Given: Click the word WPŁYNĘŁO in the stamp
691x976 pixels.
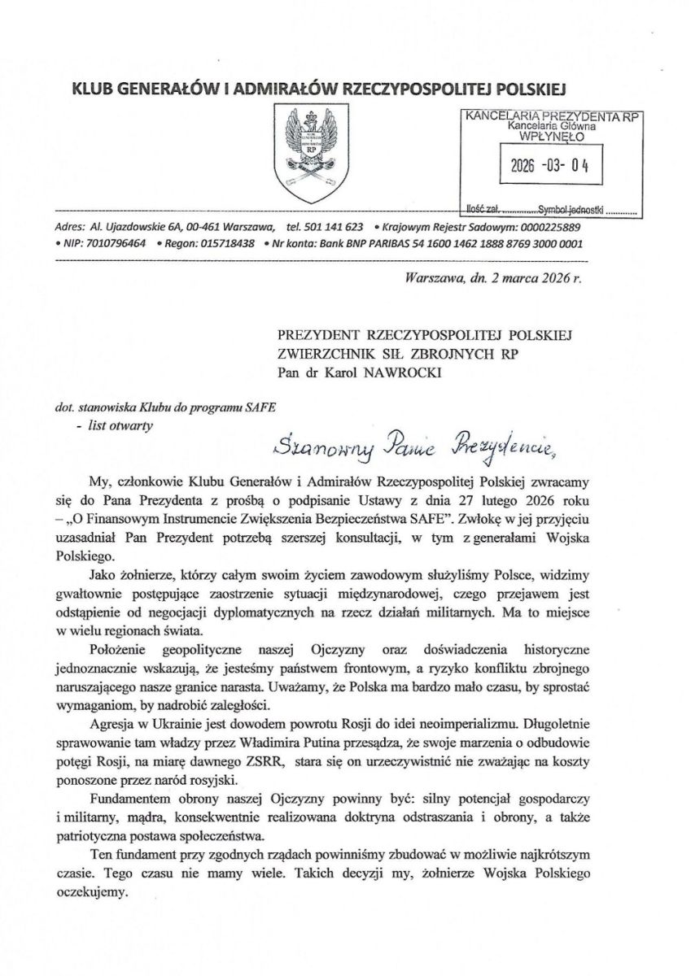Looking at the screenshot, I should click(x=551, y=137).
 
